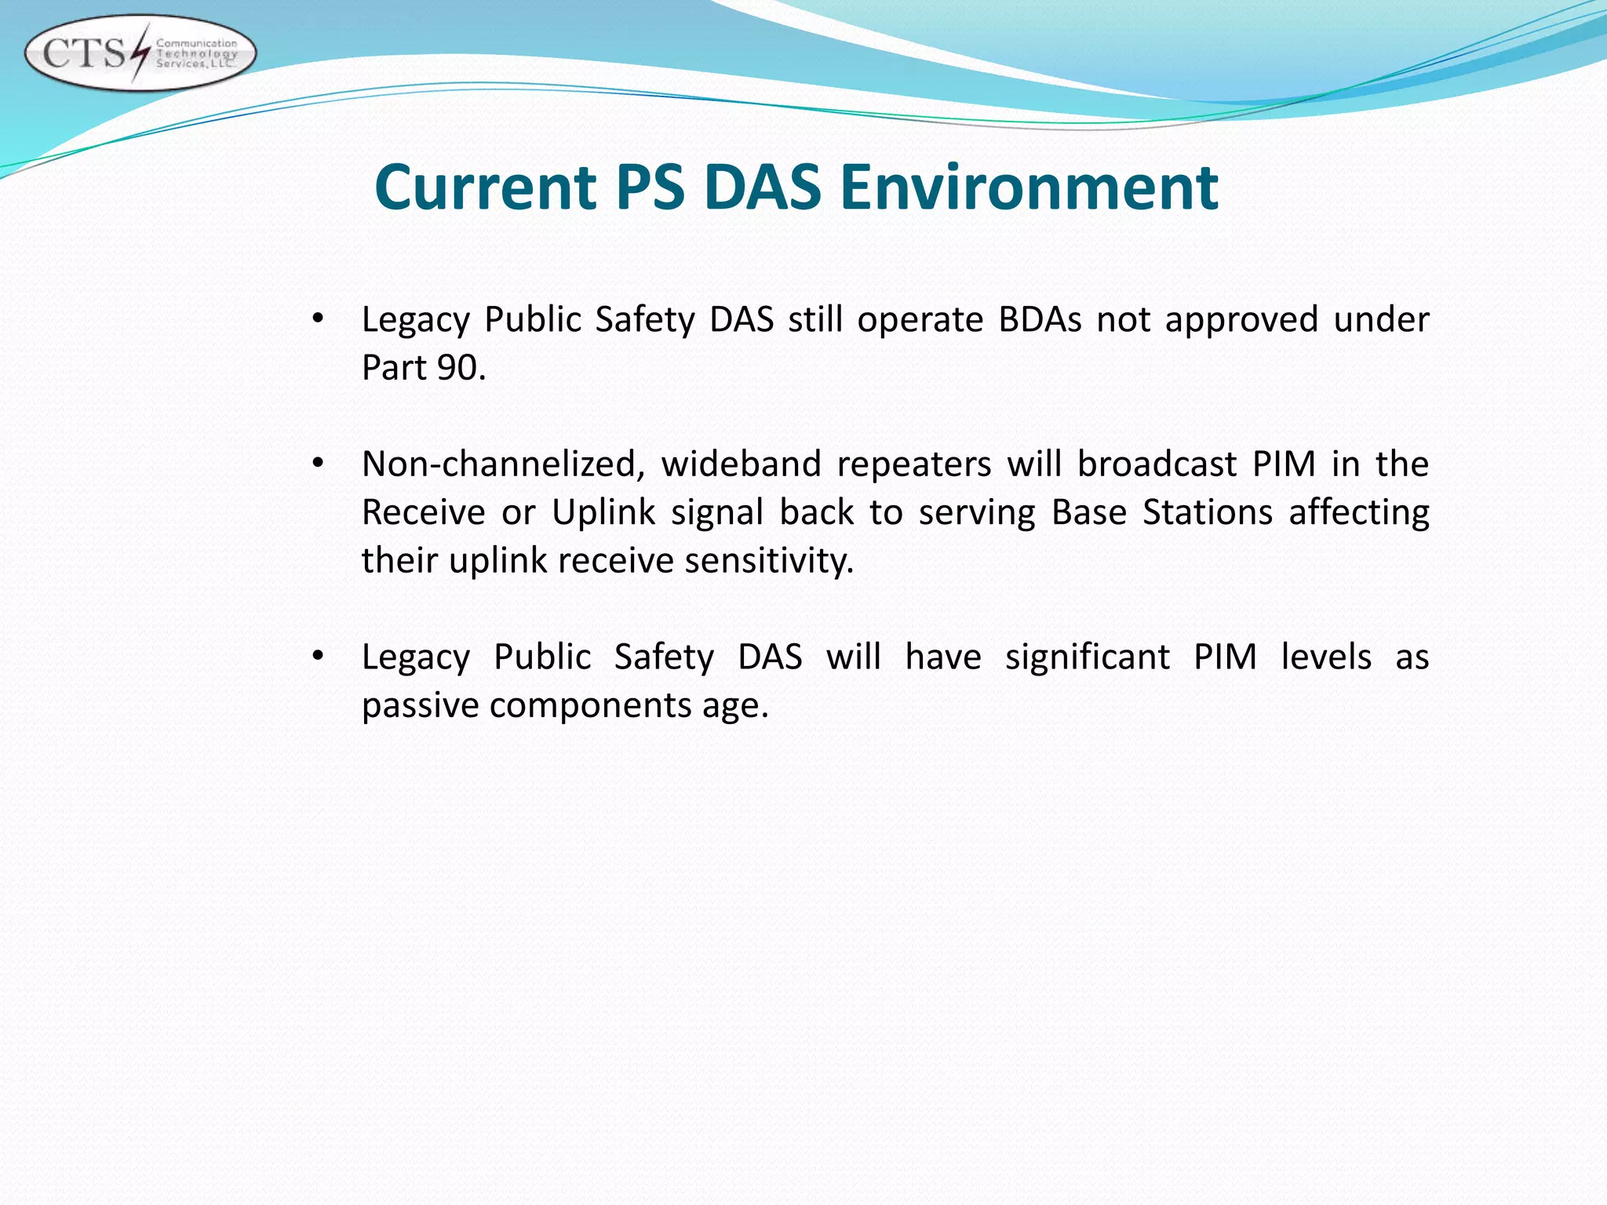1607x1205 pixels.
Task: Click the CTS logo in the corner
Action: [140, 53]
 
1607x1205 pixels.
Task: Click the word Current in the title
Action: [486, 187]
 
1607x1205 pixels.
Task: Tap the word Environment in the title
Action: [1029, 187]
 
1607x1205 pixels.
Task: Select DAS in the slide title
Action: [762, 187]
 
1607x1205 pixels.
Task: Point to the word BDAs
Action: [1040, 319]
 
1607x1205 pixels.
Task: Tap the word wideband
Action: [740, 464]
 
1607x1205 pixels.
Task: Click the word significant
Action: [1087, 657]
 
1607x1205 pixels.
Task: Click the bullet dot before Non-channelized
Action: [318, 464]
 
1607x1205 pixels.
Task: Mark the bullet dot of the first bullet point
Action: [318, 319]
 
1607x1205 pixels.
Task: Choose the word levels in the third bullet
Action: [1326, 657]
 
